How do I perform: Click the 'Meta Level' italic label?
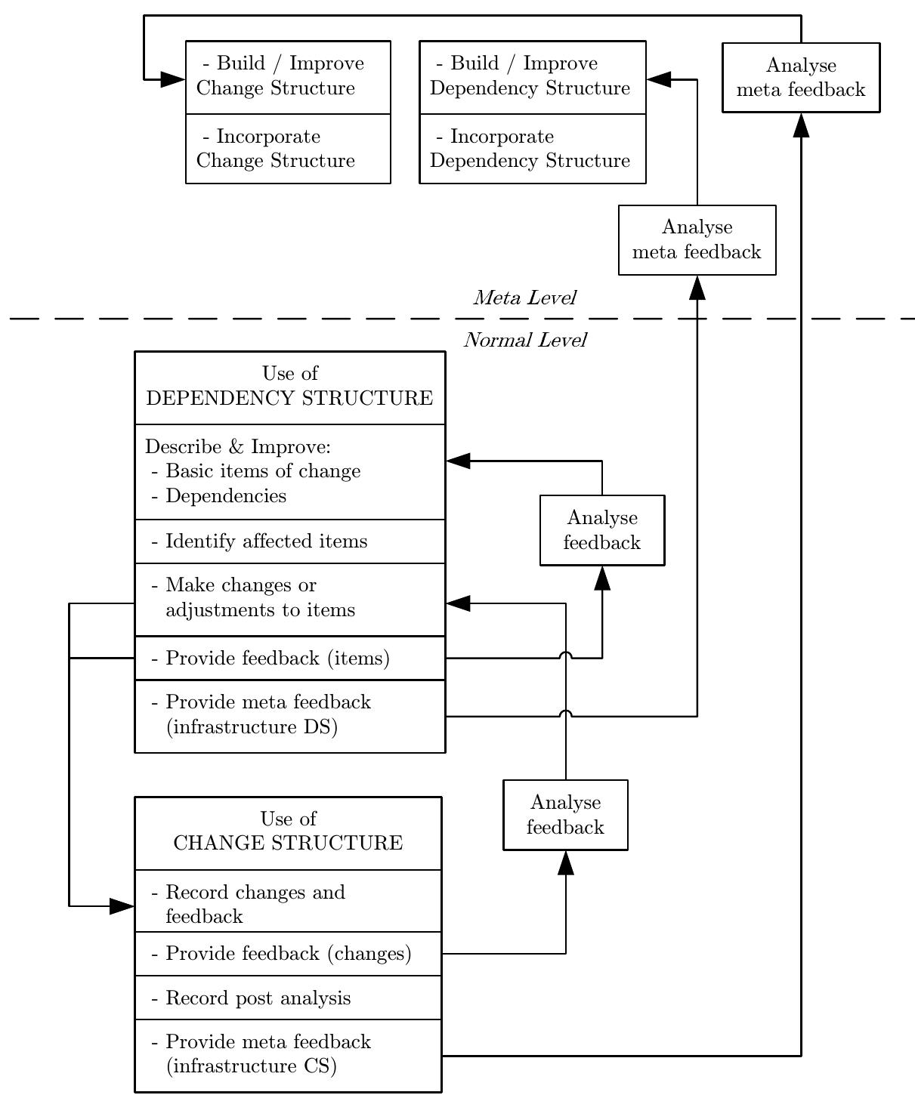click(x=524, y=298)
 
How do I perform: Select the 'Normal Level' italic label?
click(x=524, y=341)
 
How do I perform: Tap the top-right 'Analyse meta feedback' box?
click(x=800, y=77)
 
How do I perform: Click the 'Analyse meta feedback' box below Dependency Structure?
click(x=697, y=239)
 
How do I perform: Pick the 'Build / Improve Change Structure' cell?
click(x=288, y=76)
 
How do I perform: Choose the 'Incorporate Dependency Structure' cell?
click(x=532, y=149)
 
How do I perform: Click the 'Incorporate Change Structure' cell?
click(x=288, y=149)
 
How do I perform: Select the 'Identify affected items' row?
click(x=289, y=541)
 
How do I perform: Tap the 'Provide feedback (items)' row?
click(x=289, y=659)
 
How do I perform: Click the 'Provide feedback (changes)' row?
click(x=288, y=954)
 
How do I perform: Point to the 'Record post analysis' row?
click(x=288, y=998)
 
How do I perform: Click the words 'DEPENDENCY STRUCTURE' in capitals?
click(x=289, y=398)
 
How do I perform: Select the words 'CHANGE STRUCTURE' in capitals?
click(x=288, y=843)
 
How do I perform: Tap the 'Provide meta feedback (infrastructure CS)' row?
click(x=288, y=1055)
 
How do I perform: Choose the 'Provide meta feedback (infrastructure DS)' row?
click(x=289, y=715)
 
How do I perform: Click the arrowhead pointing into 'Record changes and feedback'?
click(x=122, y=906)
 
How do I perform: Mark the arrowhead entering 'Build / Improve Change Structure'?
click(x=173, y=79)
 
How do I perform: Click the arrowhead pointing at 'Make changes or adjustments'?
click(x=459, y=603)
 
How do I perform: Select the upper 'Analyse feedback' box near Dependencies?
click(x=601, y=530)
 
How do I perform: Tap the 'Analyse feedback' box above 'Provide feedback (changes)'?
click(x=565, y=815)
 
